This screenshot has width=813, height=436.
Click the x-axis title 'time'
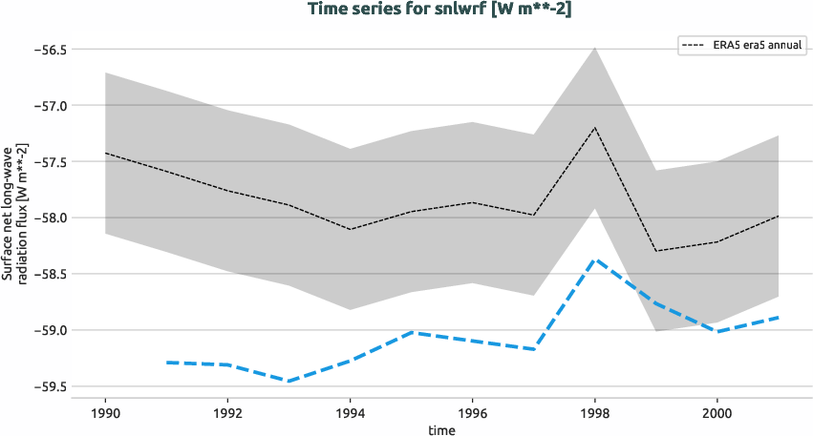(441, 429)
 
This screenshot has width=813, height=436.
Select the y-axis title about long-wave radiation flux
(13, 218)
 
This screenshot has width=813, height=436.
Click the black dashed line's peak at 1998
(594, 128)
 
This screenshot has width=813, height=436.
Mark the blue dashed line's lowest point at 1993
(289, 381)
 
